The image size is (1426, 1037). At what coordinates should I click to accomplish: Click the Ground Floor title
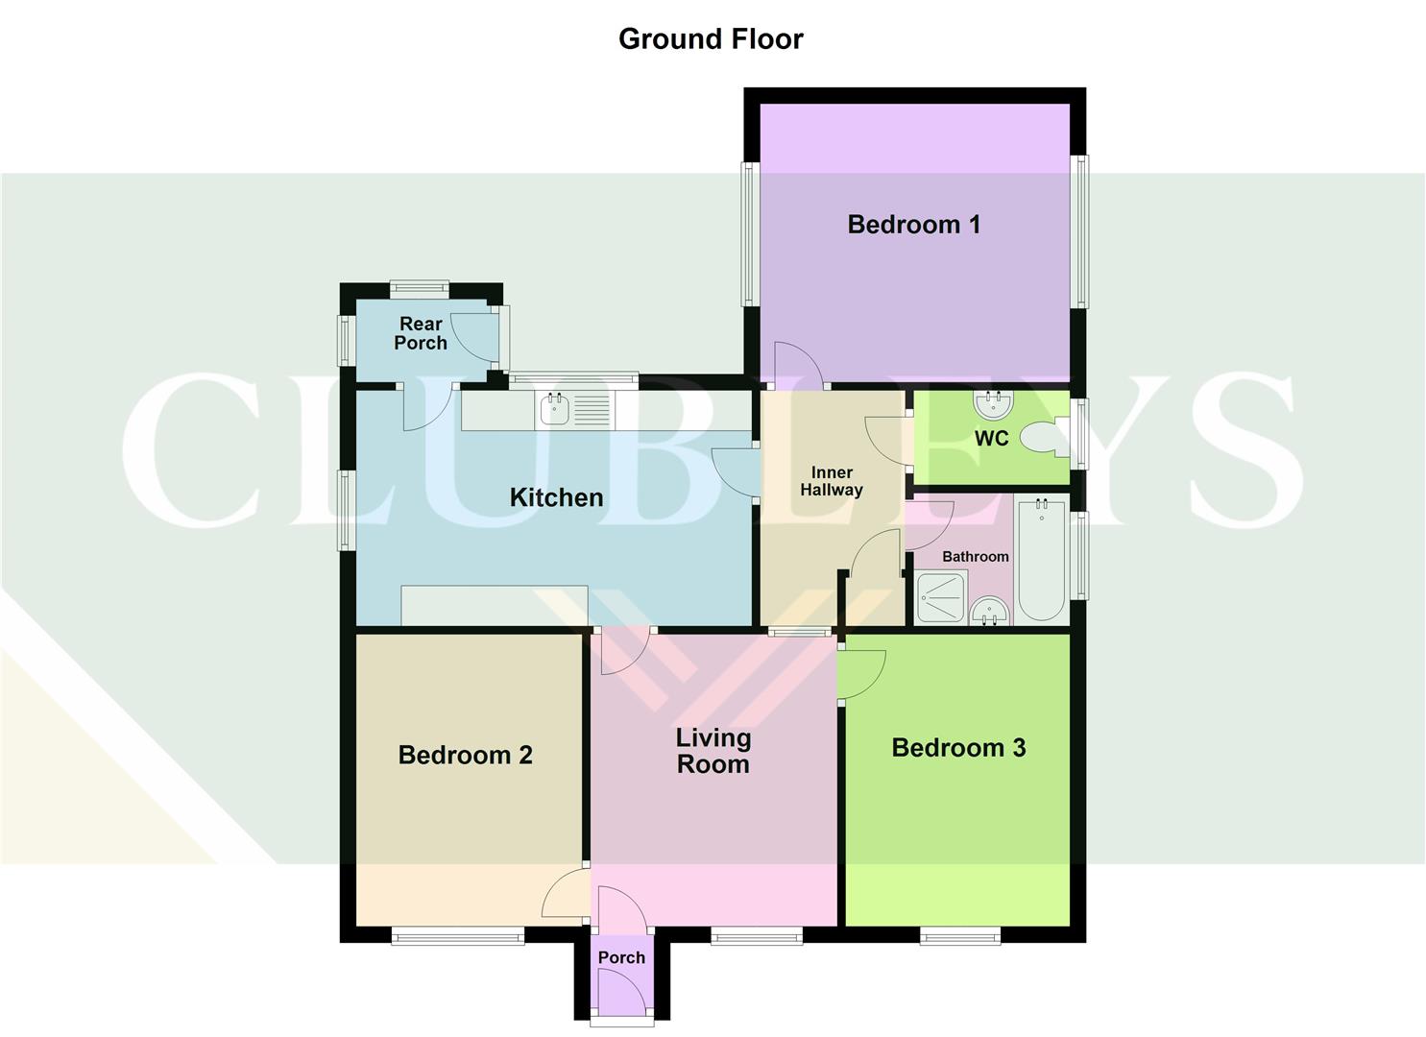[711, 39]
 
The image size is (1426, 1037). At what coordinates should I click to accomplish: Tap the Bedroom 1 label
[913, 225]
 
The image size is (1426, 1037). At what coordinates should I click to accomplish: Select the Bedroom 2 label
[465, 756]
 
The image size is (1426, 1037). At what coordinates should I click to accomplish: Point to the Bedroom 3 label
[958, 748]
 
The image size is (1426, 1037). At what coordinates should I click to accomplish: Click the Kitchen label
[556, 497]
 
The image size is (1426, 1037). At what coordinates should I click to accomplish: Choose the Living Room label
[713, 751]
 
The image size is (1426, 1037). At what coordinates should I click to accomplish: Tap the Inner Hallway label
[832, 481]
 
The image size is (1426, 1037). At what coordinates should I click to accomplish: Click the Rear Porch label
[421, 333]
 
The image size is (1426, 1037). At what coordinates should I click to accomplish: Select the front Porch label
[621, 957]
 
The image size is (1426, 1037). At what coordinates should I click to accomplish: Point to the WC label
[991, 439]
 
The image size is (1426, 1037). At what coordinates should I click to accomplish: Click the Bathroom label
[975, 557]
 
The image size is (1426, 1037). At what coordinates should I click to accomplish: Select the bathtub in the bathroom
[1040, 560]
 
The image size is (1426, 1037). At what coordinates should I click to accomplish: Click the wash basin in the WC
[993, 404]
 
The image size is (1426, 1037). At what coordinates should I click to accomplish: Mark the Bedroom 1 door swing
[799, 365]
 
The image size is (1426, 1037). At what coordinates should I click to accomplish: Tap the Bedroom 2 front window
[457, 935]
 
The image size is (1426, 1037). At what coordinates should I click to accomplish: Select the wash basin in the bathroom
[988, 611]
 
